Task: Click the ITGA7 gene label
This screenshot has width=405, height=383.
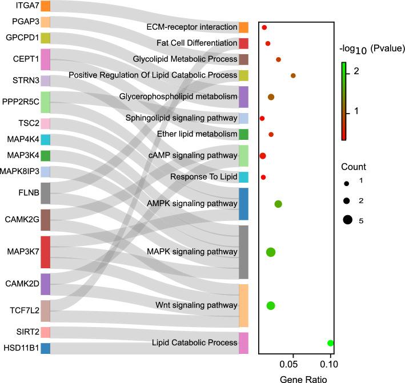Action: (x=19, y=6)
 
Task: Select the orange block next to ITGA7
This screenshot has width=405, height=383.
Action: (x=45, y=6)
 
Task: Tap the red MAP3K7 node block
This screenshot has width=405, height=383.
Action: (x=45, y=252)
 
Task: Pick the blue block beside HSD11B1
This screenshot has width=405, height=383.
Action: (x=45, y=348)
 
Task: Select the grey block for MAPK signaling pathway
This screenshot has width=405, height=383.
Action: (x=243, y=252)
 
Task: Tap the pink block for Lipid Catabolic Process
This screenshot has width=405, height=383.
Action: (x=243, y=343)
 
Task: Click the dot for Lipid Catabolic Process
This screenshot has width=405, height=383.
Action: (x=330, y=343)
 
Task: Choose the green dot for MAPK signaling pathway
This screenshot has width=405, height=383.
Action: (x=271, y=252)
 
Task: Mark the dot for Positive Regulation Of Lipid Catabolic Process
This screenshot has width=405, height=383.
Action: (x=293, y=75)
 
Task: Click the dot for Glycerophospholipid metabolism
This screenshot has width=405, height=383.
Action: (x=271, y=97)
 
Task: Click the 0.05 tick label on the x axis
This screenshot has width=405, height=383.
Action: (x=292, y=363)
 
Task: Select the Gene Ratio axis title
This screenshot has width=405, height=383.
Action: (x=295, y=377)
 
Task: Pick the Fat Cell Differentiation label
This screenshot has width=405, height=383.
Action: (x=197, y=43)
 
